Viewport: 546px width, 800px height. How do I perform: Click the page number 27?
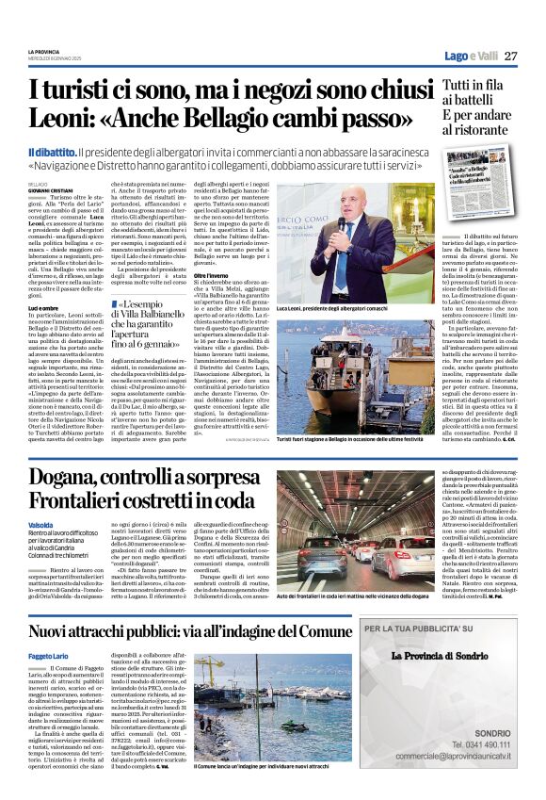pyautogui.click(x=510, y=56)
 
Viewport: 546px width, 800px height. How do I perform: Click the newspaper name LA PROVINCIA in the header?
pyautogui.click(x=42, y=51)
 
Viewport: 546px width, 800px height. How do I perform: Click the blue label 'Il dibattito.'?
pyautogui.click(x=51, y=153)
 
